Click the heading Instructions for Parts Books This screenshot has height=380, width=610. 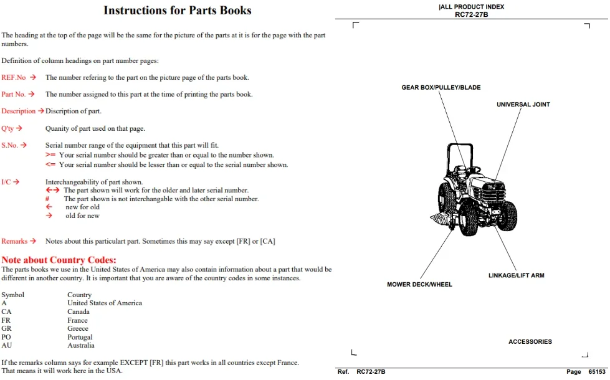pyautogui.click(x=178, y=10)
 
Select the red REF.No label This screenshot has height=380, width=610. pyautogui.click(x=13, y=77)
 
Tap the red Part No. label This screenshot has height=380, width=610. pyautogui.click(x=13, y=94)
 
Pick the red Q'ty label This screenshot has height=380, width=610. pyautogui.click(x=7, y=128)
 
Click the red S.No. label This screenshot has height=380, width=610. pyautogui.click(x=10, y=145)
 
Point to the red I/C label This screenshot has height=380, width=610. pyautogui.click(x=6, y=182)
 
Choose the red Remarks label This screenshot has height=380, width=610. pyautogui.click(x=14, y=241)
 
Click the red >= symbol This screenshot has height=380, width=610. pyautogui.click(x=50, y=154)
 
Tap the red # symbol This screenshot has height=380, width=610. pyautogui.click(x=47, y=199)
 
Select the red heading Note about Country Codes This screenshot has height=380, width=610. pyautogui.click(x=59, y=260)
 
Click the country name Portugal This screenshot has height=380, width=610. pyautogui.click(x=80, y=337)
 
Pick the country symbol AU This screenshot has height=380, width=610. pyautogui.click(x=7, y=345)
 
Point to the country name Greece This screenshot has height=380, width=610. pyautogui.click(x=78, y=329)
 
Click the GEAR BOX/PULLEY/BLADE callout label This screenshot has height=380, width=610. pyautogui.click(x=441, y=87)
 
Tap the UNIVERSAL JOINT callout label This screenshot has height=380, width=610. pyautogui.click(x=523, y=105)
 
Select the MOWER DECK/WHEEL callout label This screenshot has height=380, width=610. pyautogui.click(x=419, y=285)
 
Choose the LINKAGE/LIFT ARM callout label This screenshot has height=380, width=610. pyautogui.click(x=517, y=275)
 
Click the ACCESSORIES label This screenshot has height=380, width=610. pyautogui.click(x=530, y=342)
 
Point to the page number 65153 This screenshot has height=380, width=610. pyautogui.click(x=597, y=372)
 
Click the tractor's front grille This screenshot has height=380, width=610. pyautogui.click(x=491, y=191)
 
